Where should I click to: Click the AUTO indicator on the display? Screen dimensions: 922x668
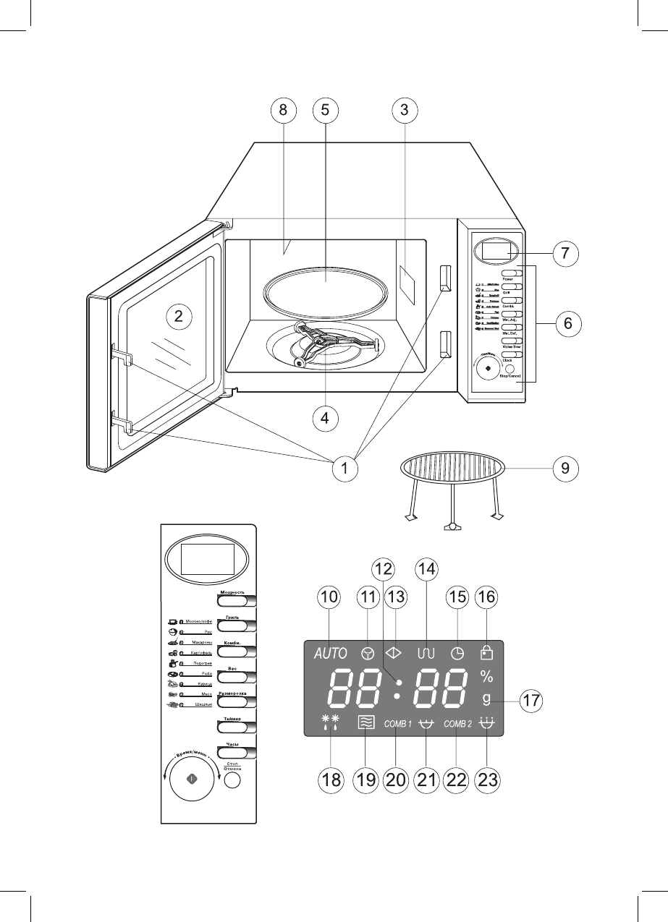(x=331, y=652)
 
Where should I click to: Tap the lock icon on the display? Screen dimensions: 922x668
(x=486, y=652)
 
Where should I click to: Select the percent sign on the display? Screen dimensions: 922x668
(x=486, y=677)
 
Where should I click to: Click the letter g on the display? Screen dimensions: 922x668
(x=486, y=700)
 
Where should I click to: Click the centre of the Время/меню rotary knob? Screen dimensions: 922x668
(x=191, y=780)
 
